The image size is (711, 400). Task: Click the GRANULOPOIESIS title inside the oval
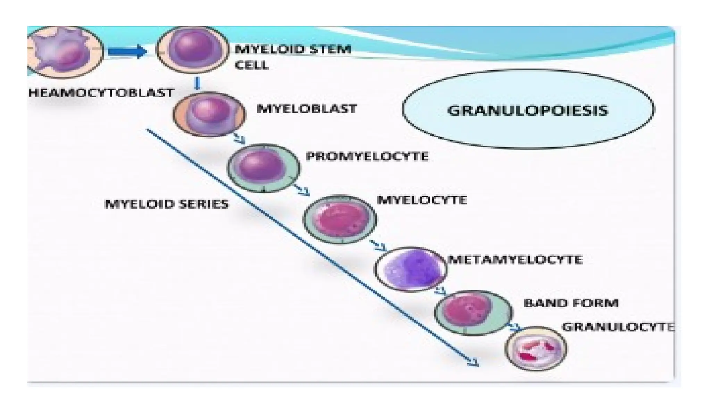point(527,110)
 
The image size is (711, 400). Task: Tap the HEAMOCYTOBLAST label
point(101,93)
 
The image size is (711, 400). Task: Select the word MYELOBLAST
point(307,108)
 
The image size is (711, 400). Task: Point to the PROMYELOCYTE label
point(367,156)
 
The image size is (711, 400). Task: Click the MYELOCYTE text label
point(422,200)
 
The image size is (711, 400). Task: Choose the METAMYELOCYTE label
point(515,260)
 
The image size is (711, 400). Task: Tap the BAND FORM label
point(571,303)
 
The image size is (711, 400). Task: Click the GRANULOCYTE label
point(618,327)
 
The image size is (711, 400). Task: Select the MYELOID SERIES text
point(166,204)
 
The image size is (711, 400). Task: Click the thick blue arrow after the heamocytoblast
point(127,52)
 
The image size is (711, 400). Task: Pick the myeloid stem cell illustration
point(192,50)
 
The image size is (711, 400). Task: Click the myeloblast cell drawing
point(209,114)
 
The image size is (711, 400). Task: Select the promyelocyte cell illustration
point(264,168)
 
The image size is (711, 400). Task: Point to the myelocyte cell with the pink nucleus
point(340,219)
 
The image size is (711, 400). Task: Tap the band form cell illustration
point(473,312)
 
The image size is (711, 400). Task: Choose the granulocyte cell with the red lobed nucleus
point(536,348)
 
